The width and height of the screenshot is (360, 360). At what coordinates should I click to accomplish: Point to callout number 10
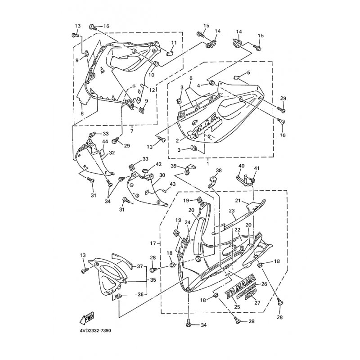click(152, 75)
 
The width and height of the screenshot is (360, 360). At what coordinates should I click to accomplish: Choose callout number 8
click(82, 114)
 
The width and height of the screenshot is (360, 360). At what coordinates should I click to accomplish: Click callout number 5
click(248, 72)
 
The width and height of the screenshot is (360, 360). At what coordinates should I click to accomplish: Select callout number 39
click(174, 166)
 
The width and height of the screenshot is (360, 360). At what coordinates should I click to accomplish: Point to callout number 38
click(219, 171)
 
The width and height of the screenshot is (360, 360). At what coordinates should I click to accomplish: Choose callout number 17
click(153, 243)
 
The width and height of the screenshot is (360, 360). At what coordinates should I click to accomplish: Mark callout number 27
click(258, 302)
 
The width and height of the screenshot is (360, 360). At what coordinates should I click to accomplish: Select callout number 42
click(158, 165)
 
